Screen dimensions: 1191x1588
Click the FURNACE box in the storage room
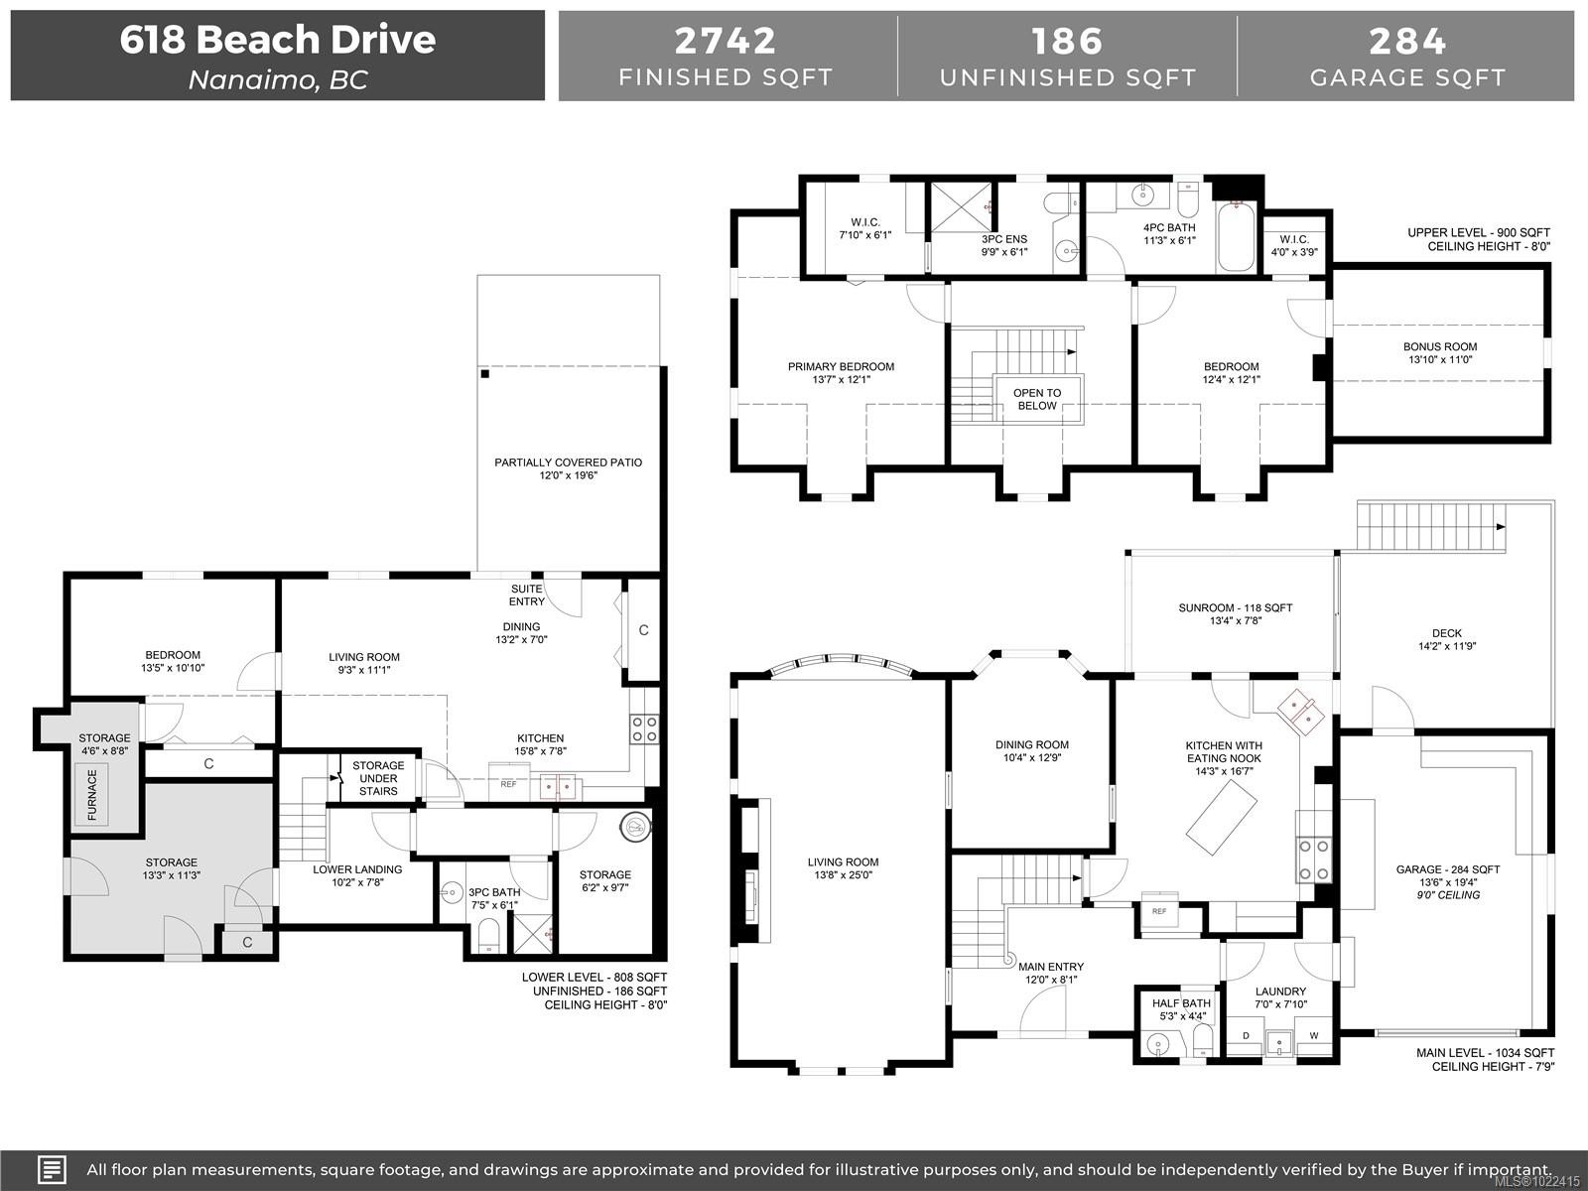[x=92, y=794]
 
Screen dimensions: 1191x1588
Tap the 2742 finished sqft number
[x=726, y=41]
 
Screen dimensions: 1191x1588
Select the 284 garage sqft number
[x=1407, y=41]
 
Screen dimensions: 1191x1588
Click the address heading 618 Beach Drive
[x=278, y=40]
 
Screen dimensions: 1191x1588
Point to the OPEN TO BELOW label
[x=1036, y=399]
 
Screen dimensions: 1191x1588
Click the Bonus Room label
[x=1439, y=353]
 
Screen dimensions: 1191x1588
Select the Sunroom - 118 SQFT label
[x=1235, y=614]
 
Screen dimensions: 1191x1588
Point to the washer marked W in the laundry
[x=1314, y=1036]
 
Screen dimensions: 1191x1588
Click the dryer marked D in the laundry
[x=1247, y=1036]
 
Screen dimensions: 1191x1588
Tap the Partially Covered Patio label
[x=568, y=468]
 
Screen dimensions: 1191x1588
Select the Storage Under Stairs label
[x=377, y=778]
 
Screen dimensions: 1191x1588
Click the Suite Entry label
[x=527, y=595]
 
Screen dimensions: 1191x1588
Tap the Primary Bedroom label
[x=841, y=373]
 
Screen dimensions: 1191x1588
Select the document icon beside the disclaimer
[x=52, y=1168]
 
